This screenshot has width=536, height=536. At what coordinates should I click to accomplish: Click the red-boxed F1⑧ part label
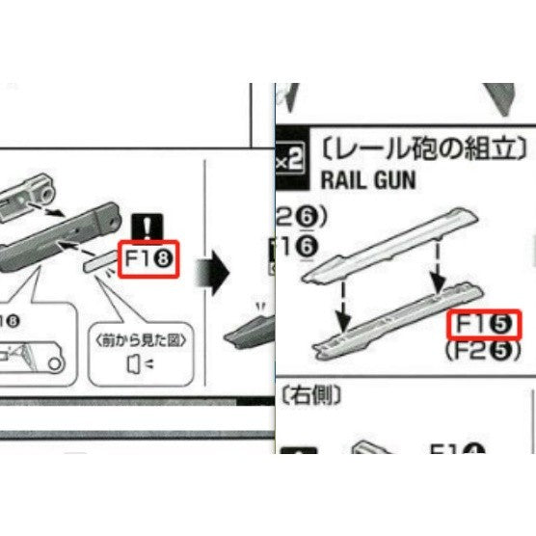click(148, 258)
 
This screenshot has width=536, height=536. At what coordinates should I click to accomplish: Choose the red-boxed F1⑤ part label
click(484, 325)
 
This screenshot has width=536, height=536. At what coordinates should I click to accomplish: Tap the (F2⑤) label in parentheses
click(482, 353)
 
